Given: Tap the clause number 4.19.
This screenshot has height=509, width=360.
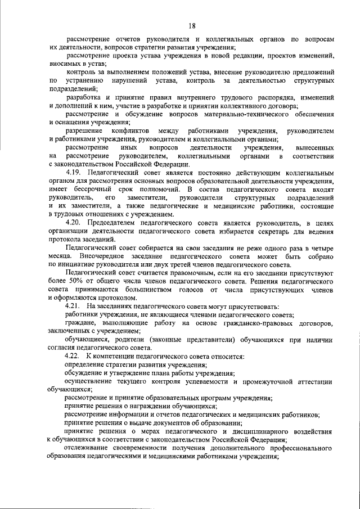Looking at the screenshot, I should (x=75, y=172).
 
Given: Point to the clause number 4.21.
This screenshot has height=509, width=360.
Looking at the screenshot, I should (x=75, y=307).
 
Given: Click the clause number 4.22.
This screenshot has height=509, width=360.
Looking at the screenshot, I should (x=75, y=357).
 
